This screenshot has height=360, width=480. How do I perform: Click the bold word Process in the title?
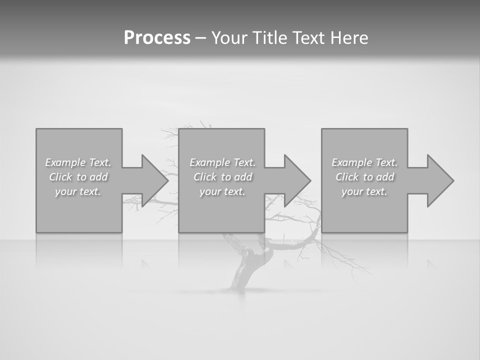(157, 38)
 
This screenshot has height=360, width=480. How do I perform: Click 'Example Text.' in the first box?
(78, 162)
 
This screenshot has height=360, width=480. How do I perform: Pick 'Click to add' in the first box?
(78, 177)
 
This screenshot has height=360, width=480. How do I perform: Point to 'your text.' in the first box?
(78, 191)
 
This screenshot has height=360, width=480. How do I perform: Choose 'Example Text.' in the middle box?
(222, 162)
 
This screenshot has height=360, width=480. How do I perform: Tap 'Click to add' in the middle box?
(222, 177)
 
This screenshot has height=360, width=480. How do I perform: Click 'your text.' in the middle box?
(222, 191)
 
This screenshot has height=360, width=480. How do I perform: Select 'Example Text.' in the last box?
(364, 162)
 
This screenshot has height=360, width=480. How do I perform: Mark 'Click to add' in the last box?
(364, 177)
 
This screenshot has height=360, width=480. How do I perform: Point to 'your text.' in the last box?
(364, 191)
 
